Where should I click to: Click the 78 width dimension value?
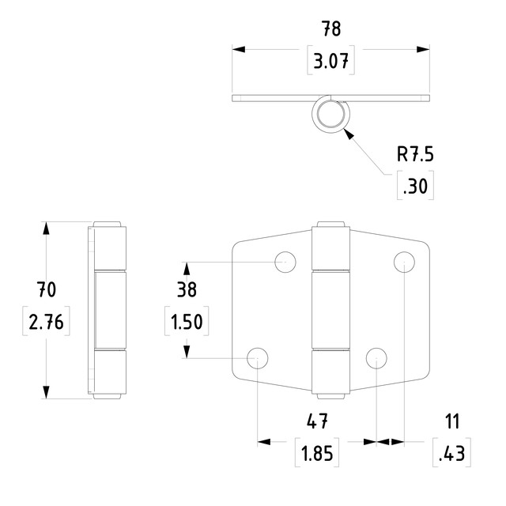(x=332, y=29)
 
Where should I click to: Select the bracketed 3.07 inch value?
(x=332, y=61)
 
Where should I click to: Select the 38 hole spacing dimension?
(x=187, y=289)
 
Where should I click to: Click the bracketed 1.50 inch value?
(x=187, y=323)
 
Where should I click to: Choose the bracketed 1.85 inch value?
(x=317, y=454)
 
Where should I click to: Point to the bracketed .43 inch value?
(x=452, y=454)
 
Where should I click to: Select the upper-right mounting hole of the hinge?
(x=404, y=262)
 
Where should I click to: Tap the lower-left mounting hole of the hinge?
(x=258, y=358)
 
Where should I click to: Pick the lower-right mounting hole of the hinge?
(x=376, y=358)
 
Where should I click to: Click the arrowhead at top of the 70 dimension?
(x=47, y=228)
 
